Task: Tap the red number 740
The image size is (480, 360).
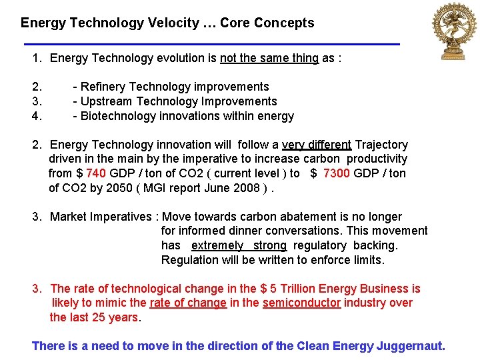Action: [96, 173]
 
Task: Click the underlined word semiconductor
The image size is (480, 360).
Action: [301, 303]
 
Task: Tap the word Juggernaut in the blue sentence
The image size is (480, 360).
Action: [411, 345]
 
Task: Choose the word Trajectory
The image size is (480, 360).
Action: [381, 145]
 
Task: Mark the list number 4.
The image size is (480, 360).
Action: [37, 116]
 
